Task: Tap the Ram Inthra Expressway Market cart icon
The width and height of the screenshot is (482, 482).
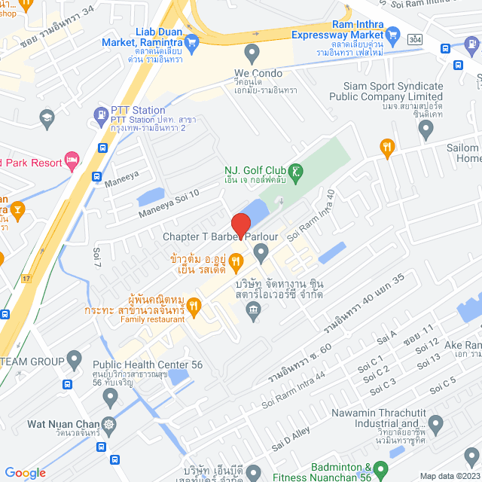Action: [392, 35]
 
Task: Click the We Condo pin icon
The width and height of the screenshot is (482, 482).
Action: [252, 53]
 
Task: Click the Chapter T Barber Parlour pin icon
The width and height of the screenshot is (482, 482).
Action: [261, 255]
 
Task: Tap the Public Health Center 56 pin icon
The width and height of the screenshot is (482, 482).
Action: [74, 357]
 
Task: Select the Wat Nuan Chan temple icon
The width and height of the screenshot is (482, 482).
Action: [111, 423]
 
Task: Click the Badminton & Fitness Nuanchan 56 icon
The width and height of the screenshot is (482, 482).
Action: [380, 470]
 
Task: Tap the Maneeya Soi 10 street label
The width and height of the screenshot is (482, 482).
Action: [169, 204]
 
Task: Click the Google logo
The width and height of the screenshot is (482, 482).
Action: [25, 472]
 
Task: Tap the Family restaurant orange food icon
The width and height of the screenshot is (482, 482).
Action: [193, 305]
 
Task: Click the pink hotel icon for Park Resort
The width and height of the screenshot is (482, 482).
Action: [72, 159]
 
